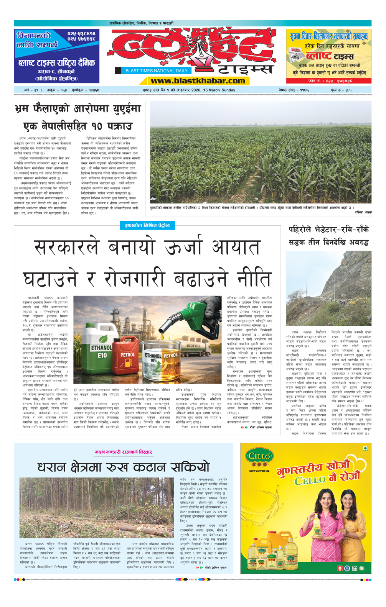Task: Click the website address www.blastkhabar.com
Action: click(198, 81)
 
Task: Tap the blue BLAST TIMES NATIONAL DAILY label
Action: click(156, 71)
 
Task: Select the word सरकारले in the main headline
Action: click(67, 247)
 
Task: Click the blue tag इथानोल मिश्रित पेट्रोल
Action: click(147, 225)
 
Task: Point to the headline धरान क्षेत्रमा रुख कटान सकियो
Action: click(124, 467)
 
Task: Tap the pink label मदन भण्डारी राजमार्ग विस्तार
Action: click(124, 452)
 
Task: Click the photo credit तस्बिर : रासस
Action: click(363, 212)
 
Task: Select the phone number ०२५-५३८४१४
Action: click(81, 34)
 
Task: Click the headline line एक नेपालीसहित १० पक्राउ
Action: click(78, 126)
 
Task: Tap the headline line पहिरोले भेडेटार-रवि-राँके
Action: click(329, 230)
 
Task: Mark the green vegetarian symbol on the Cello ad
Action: click(365, 448)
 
